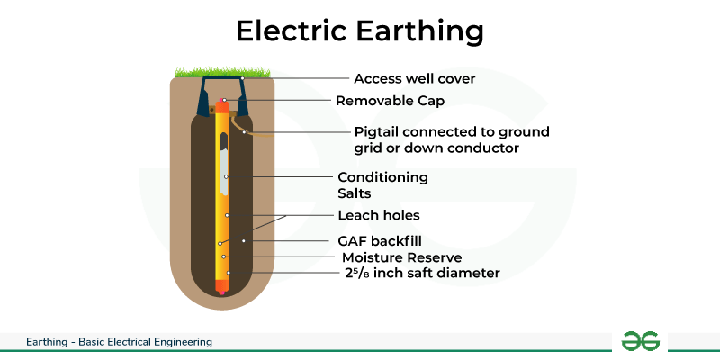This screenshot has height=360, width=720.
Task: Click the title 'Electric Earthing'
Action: click(x=359, y=31)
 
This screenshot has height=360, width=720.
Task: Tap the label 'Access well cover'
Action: click(x=414, y=78)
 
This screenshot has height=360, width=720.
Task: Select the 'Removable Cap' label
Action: click(x=390, y=101)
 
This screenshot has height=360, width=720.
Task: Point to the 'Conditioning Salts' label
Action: click(x=382, y=184)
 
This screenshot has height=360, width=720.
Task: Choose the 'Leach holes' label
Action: click(x=379, y=215)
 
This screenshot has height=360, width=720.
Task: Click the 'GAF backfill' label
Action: click(x=379, y=241)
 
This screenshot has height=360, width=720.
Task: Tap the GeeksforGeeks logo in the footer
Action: click(x=641, y=341)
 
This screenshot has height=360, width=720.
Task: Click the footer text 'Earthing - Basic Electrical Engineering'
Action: click(x=119, y=342)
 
